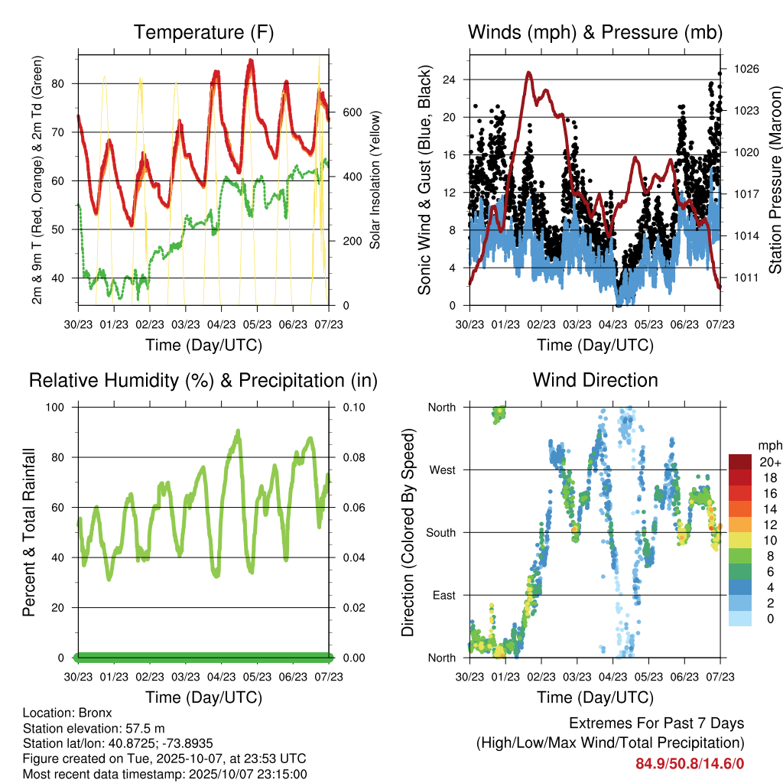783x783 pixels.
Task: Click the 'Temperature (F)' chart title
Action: pyautogui.click(x=203, y=33)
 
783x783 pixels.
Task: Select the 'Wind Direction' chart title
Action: pyautogui.click(x=595, y=380)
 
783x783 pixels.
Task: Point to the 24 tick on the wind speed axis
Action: pyautogui.click(x=449, y=80)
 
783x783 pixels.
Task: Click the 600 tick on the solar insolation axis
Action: pyautogui.click(x=351, y=112)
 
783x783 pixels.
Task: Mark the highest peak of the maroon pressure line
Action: pyautogui.click(x=529, y=73)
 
